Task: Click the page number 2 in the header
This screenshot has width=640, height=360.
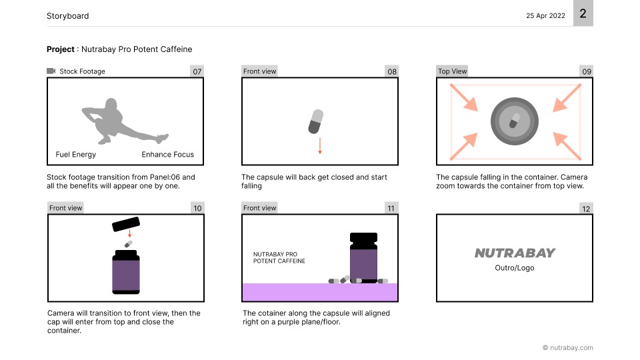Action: tap(583, 13)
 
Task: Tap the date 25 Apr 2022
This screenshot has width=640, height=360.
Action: tap(545, 15)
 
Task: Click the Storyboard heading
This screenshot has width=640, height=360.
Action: tap(68, 16)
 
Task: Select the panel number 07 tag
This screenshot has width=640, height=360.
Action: tap(197, 71)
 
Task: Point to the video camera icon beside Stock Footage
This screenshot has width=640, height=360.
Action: tap(51, 71)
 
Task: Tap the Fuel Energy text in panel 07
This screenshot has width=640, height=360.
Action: tap(76, 154)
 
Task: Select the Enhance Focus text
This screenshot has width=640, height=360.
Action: tap(168, 154)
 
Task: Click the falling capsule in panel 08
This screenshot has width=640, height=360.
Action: tap(316, 121)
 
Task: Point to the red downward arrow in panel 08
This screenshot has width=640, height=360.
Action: tap(320, 146)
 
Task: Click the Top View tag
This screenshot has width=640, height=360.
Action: tap(452, 71)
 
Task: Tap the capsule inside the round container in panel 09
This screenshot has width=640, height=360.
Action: tap(514, 121)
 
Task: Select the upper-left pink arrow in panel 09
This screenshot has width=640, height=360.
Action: tap(464, 97)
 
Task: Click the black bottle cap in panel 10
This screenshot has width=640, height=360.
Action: tap(126, 224)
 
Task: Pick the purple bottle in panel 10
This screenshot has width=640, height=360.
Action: tap(126, 272)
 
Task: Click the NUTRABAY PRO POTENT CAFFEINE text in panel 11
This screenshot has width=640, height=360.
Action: tap(279, 257)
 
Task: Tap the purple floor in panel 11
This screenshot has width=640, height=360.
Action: tap(320, 292)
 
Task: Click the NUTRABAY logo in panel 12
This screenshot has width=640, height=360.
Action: tap(515, 253)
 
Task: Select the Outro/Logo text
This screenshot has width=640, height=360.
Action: tap(514, 268)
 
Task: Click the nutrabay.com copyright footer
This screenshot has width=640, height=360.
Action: tap(568, 348)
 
